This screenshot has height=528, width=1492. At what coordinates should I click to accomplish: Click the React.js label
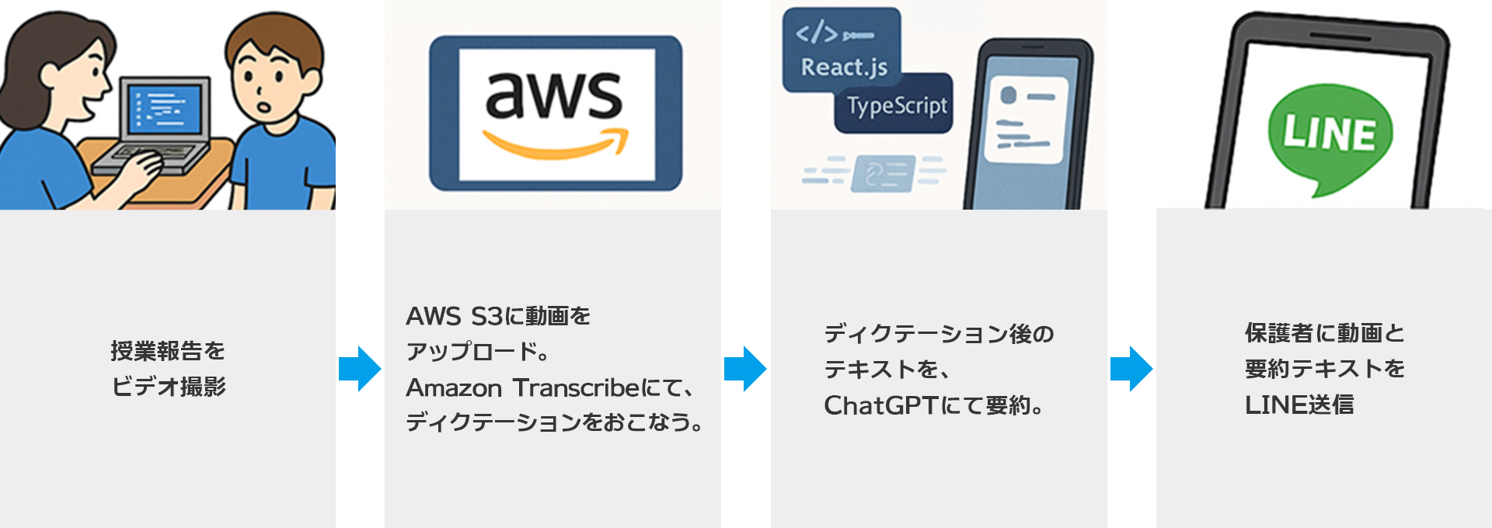[x=844, y=68]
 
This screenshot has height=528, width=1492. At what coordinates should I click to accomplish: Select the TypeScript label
[x=897, y=106]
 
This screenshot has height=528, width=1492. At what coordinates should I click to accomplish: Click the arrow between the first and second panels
[x=360, y=369]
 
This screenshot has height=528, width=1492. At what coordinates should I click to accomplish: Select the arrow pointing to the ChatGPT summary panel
[x=745, y=369]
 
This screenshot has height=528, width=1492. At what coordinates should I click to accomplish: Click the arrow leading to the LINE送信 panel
[x=1131, y=369]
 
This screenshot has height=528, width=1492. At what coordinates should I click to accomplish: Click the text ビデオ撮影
[x=169, y=387]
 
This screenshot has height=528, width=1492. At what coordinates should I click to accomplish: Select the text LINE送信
[x=1299, y=405]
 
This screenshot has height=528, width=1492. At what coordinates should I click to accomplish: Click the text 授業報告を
[x=168, y=351]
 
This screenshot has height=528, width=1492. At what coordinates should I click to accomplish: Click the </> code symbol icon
[x=817, y=33]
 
